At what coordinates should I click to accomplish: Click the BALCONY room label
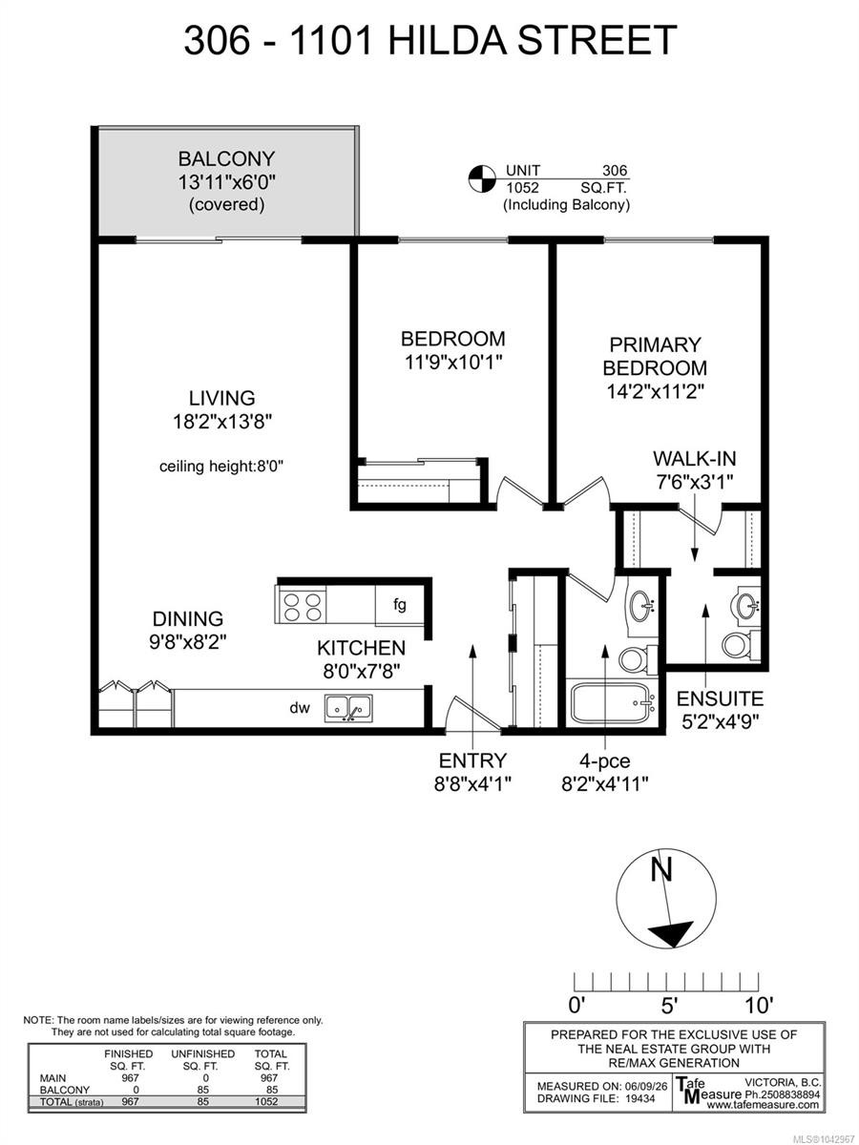(x=226, y=158)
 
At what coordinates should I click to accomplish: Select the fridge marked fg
(x=400, y=605)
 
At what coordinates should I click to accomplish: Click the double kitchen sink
(x=348, y=708)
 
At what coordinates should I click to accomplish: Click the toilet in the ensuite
(x=741, y=645)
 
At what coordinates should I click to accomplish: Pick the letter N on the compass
(x=661, y=869)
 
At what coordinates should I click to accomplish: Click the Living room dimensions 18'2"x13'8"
(x=222, y=422)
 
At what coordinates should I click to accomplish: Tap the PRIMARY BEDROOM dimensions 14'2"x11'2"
(x=655, y=391)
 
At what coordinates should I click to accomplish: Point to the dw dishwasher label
(x=300, y=707)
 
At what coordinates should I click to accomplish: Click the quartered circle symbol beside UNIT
(x=481, y=179)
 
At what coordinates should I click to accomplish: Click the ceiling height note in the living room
(x=220, y=466)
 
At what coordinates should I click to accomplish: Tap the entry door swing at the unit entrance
(x=472, y=713)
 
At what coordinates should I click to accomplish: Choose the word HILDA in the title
(x=446, y=40)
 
